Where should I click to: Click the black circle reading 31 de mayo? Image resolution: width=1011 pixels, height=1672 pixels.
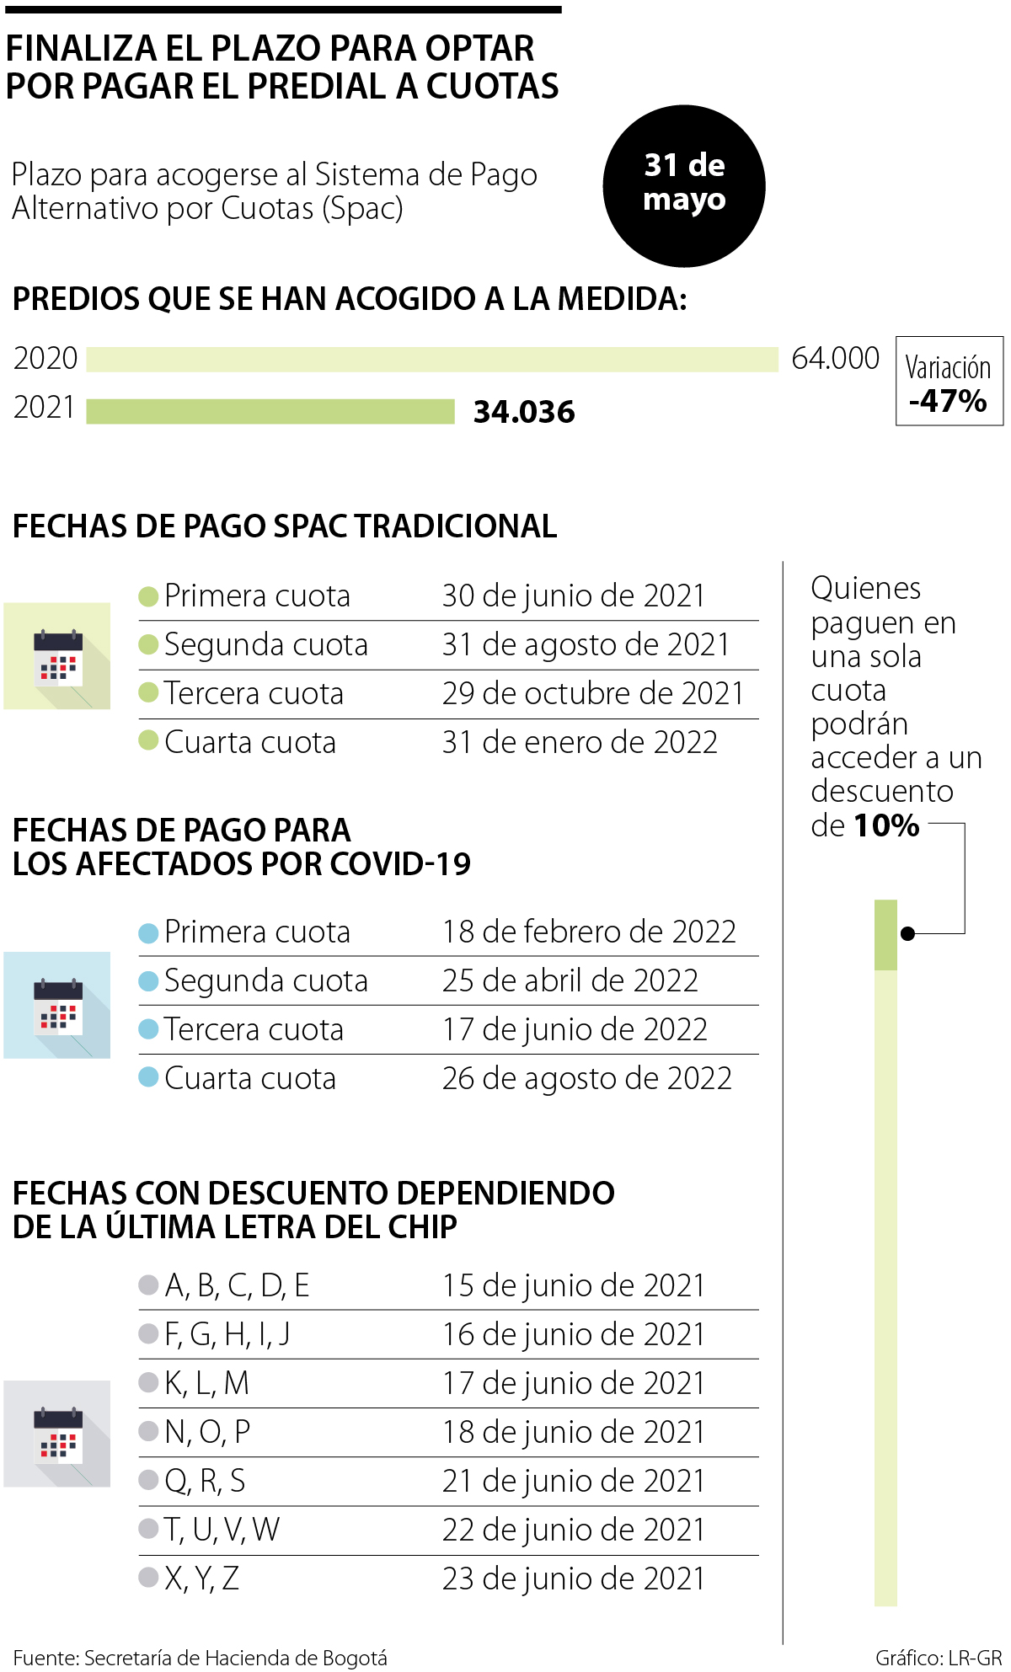tap(683, 186)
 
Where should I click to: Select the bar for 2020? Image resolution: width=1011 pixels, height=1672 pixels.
tap(431, 359)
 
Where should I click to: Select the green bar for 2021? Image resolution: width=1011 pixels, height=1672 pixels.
tap(270, 411)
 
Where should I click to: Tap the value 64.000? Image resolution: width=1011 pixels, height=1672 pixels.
tap(835, 359)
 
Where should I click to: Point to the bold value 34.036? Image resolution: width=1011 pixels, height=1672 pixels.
tap(524, 412)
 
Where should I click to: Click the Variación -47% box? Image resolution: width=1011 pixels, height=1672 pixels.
tap(949, 381)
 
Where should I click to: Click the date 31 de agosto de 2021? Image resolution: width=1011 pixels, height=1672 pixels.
tap(586, 644)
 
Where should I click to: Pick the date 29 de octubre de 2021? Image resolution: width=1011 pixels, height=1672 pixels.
tap(593, 693)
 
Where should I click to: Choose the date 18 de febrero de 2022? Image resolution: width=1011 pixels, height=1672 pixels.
tap(589, 932)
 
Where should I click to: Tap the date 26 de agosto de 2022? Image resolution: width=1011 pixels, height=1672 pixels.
tap(586, 1078)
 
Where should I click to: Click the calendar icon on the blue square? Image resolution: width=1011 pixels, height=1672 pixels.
tap(57, 1005)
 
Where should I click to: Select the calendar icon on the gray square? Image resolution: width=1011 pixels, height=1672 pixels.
tap(57, 1434)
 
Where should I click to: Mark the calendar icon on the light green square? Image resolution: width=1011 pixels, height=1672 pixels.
tap(57, 656)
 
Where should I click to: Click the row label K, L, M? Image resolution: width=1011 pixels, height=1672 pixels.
tap(206, 1383)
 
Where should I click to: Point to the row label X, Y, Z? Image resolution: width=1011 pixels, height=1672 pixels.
tap(201, 1579)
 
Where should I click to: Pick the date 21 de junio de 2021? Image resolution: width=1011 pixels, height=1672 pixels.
tap(573, 1481)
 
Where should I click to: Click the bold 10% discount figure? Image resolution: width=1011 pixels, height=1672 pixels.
tap(886, 825)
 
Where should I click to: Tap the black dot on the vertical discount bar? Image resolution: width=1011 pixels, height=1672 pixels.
tap(907, 933)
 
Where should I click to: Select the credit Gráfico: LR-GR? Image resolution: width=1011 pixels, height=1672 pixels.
tap(939, 1658)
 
